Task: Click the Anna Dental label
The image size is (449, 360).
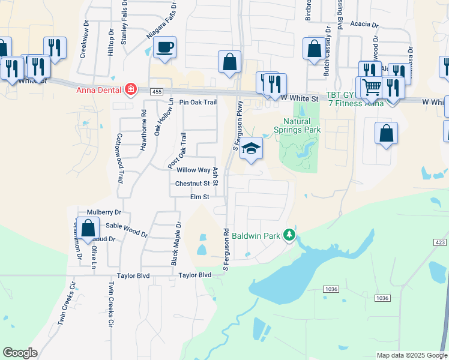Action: pos(100,91)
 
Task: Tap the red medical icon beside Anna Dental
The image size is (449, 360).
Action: pos(130,91)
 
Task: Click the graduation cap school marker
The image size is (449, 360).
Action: pos(251,149)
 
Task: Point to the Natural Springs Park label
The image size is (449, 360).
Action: pos(298,125)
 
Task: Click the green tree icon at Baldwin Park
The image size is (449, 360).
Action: pos(290,235)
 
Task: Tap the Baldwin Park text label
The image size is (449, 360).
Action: pos(256,236)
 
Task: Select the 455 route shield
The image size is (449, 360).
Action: pos(157,91)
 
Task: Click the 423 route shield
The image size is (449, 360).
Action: pos(439,242)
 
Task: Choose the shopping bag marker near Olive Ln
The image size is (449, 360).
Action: pos(88,229)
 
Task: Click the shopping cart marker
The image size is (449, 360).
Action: pos(372,88)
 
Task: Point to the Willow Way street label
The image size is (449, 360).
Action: pos(192,170)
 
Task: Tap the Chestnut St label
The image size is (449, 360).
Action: pos(192,184)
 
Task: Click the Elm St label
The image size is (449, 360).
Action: pos(199,197)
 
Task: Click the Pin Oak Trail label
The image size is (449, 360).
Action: pos(193,103)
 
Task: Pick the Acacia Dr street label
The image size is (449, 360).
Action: pos(366,25)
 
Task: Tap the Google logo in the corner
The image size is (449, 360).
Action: pos(20,352)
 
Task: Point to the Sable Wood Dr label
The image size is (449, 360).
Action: pos(126,229)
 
